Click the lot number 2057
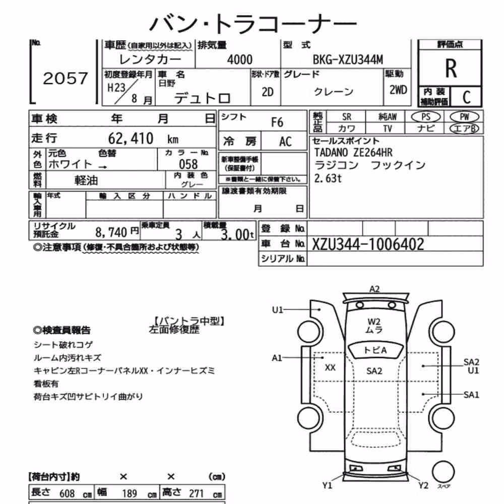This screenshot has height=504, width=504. point(65,79)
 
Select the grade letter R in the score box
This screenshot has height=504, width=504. point(451,69)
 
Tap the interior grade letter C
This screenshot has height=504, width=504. point(466,97)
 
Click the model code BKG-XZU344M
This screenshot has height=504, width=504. point(348,60)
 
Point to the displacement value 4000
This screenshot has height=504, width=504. point(240,60)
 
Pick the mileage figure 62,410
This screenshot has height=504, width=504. point(131,139)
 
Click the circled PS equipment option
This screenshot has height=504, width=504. point(425,117)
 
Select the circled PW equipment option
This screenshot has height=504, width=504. point(465,117)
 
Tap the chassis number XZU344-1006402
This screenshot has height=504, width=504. point(368,244)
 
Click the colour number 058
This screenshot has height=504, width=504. point(188,164)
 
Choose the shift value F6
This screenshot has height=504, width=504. point(277,122)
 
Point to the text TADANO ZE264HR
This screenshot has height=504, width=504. point(353,152)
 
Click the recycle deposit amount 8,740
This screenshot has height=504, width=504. point(111,232)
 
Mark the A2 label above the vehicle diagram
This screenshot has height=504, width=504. point(374,289)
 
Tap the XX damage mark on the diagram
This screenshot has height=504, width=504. point(330,368)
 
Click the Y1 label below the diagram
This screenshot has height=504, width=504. point(327,485)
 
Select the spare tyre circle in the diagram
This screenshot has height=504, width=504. point(443,472)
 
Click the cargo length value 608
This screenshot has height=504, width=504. point(67,493)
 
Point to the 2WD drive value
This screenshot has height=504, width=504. point(398,90)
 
